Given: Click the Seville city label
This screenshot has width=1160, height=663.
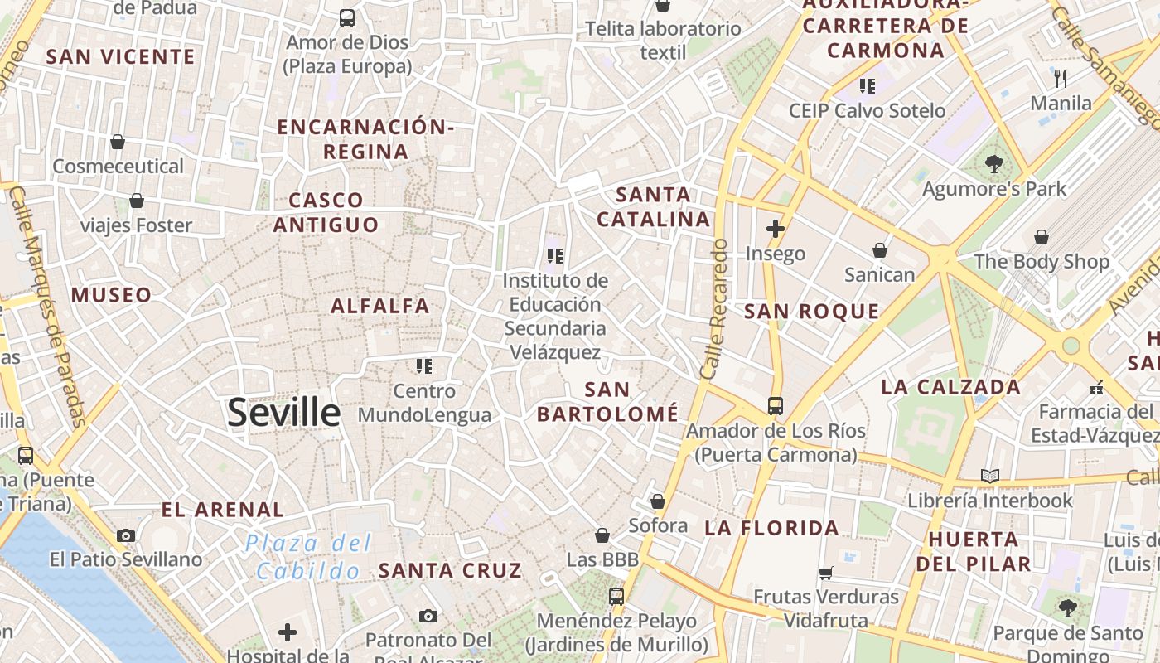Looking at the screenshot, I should coord(283,412).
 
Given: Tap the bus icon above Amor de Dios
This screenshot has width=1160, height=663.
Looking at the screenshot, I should coord(347,17).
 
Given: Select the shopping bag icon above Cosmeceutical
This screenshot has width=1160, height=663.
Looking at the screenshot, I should coord(118,143).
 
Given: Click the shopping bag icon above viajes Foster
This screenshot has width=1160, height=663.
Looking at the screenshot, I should coord(137,201).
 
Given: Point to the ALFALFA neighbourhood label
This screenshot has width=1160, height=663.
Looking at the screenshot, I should coord(380,306).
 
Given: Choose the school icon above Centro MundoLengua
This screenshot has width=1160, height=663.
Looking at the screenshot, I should coord(424,366).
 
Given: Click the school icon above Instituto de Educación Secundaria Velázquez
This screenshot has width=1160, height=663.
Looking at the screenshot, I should coord(555,256).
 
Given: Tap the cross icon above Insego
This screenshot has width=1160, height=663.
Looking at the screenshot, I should coord(776,229).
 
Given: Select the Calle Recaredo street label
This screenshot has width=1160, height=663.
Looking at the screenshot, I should coord(714,310).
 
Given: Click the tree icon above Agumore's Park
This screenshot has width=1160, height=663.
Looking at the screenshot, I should coord(994,164).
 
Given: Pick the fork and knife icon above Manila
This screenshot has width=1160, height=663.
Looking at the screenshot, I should coord(1061,79).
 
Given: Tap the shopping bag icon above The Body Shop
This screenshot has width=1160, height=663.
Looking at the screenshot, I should coord(1042,238).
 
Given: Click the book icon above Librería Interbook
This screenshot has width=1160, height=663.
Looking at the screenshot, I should coord(990,477).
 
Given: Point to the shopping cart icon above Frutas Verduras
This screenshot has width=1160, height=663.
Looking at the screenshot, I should coord(825,573).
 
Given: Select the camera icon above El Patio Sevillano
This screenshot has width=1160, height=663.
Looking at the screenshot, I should coord(126,536).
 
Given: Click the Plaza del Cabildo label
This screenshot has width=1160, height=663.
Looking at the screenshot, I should coord(308,557).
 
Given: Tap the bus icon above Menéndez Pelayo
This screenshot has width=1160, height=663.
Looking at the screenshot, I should coord(616,596).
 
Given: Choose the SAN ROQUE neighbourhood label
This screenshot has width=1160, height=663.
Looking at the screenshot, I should coord(811,312).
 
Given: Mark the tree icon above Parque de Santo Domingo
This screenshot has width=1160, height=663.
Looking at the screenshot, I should coord(1068,608).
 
